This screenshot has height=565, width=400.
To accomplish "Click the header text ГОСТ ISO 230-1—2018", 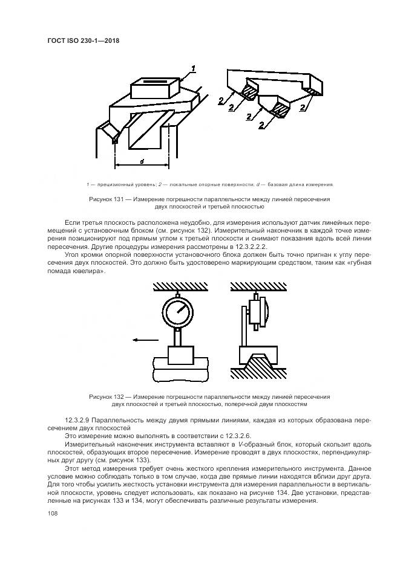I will pyautogui.click(x=82, y=42).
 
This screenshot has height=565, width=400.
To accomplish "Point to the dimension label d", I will pyautogui.click(x=141, y=161).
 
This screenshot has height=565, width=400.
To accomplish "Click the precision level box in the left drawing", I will pyautogui.click(x=155, y=91).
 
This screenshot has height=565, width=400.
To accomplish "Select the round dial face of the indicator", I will pyautogui.click(x=179, y=314).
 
